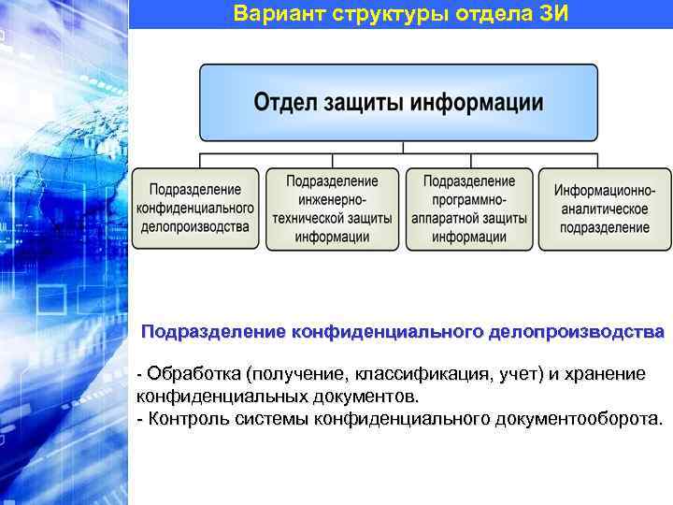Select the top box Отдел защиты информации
pos(398,103)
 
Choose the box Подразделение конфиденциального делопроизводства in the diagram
pos(195,208)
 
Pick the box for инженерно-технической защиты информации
pos(332,208)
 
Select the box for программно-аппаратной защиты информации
pos(469,208)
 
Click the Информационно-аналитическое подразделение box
pos(604,208)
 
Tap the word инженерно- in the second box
pos(332,199)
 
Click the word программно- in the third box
pos(469,199)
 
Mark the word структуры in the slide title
pos(375,14)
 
